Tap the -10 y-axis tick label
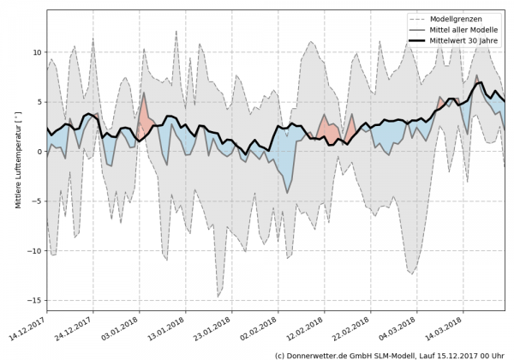[35, 251]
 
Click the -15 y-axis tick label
[35, 301]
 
